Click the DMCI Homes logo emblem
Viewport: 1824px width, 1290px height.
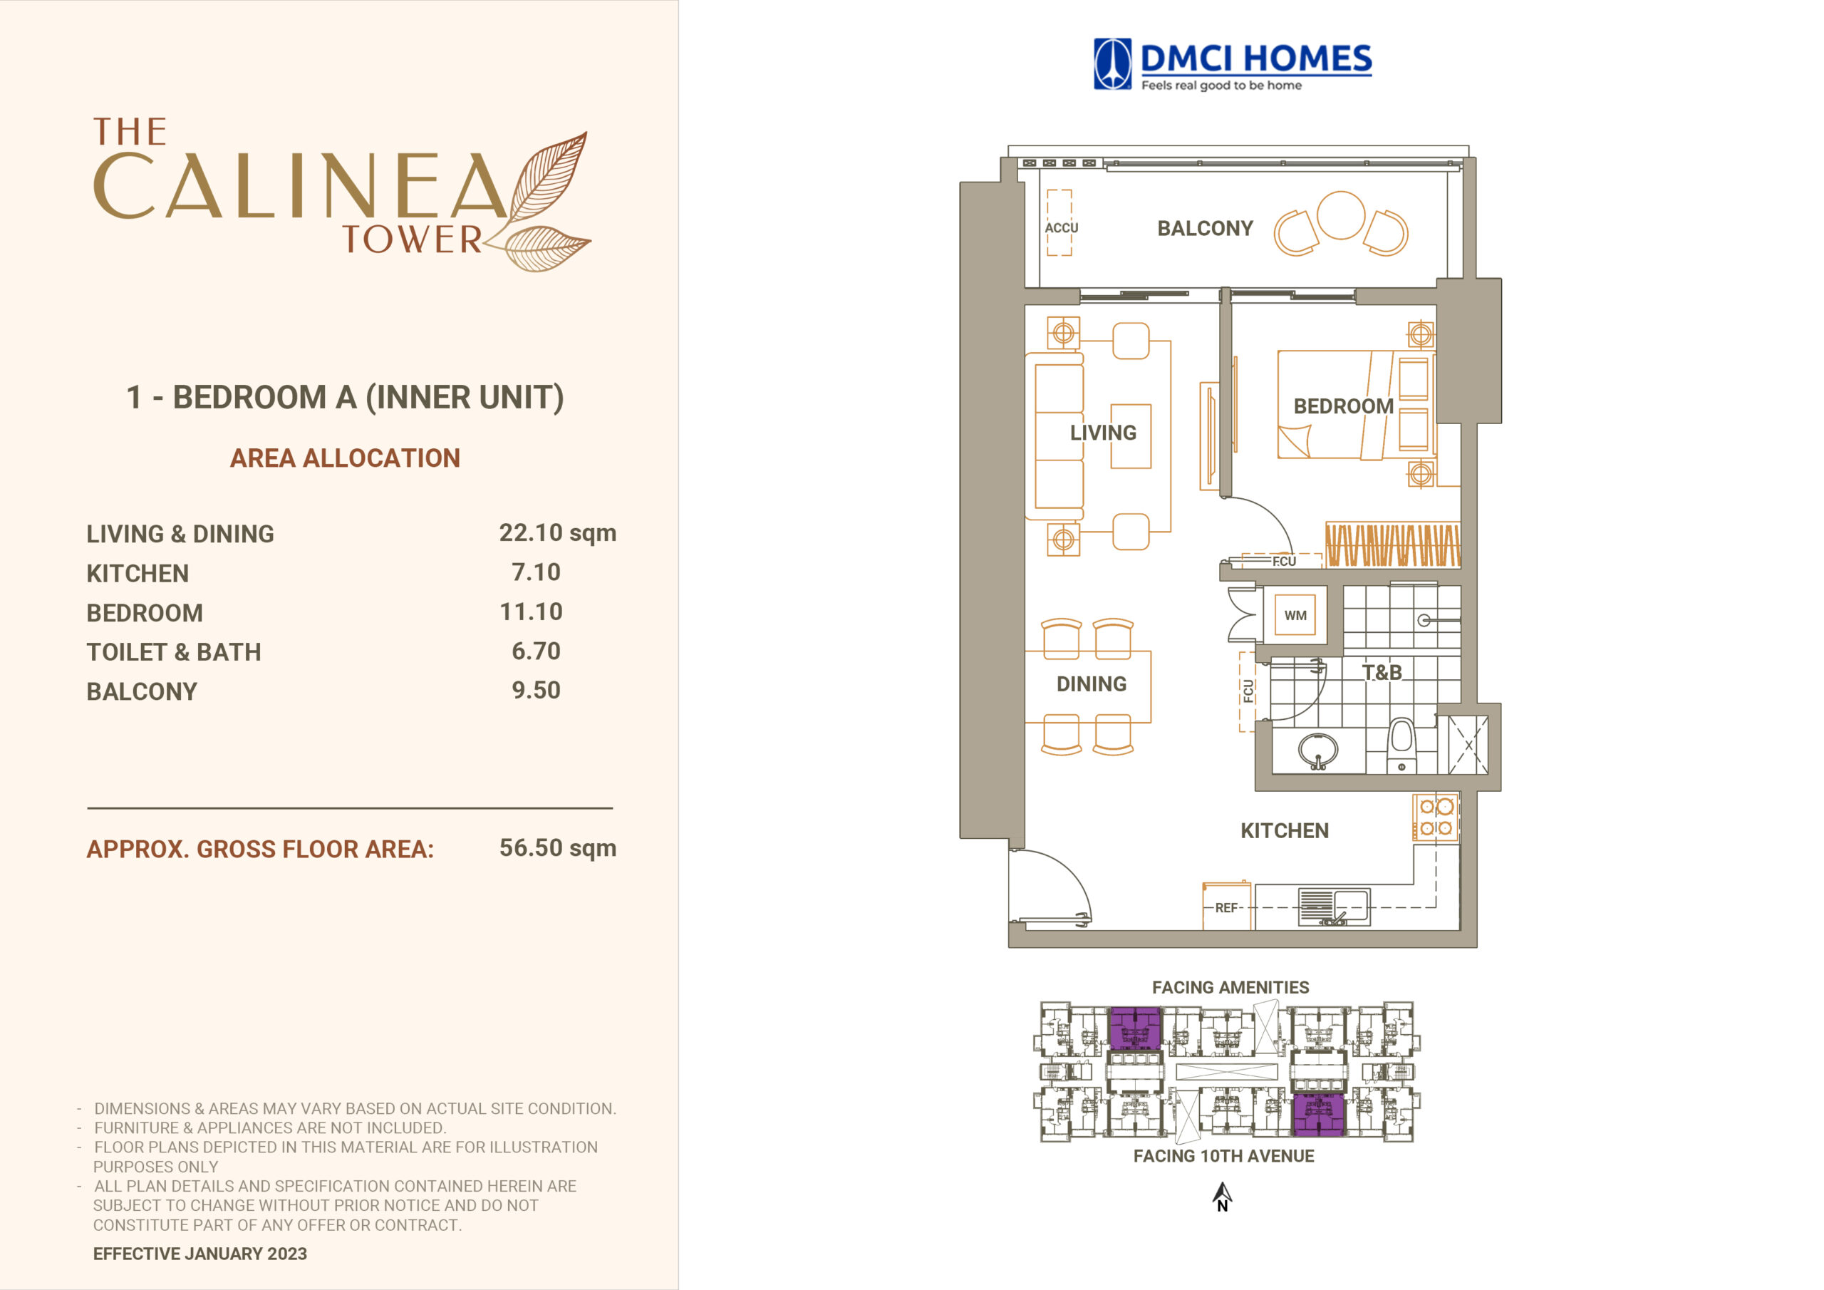click(1112, 63)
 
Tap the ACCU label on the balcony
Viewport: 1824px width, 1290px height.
click(1062, 228)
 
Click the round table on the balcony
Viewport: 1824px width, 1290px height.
click(1341, 215)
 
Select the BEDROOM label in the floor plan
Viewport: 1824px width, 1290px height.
click(1343, 406)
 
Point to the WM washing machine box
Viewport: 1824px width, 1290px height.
click(1295, 615)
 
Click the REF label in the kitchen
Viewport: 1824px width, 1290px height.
click(1225, 908)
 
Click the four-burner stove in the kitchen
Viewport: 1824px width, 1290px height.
click(1436, 817)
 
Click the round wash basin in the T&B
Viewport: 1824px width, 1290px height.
click(1318, 750)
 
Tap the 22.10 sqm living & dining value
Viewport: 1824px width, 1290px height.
click(558, 533)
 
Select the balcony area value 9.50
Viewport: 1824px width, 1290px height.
click(537, 690)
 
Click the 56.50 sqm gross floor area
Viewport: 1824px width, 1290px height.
click(558, 848)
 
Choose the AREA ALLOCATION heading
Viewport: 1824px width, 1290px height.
click(345, 458)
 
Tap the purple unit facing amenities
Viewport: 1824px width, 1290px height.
click(1134, 1028)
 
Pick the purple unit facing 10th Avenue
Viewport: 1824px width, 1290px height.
click(1319, 1115)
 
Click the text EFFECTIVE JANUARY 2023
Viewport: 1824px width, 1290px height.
click(200, 1254)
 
